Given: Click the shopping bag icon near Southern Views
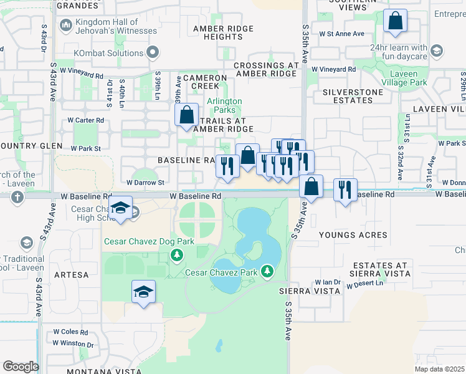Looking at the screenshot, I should click(x=395, y=22).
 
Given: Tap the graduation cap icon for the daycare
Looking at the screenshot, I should click(x=437, y=50).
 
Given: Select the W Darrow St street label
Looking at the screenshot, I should click(x=145, y=183).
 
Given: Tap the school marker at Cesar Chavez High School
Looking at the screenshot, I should click(x=120, y=209).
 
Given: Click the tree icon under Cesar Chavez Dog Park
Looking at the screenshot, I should click(x=177, y=254).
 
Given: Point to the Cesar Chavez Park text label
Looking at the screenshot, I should click(x=222, y=272).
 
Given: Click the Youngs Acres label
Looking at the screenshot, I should click(x=353, y=235).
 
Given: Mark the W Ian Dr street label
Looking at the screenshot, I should click(x=328, y=282).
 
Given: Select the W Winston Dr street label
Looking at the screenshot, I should click(x=73, y=343).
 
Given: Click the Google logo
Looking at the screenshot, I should click(x=21, y=366).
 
